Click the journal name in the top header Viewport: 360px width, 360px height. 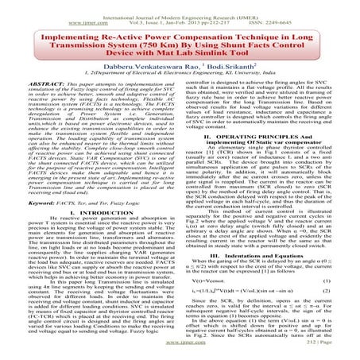[x=180, y=6]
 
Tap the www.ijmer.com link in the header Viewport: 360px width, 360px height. [x=39, y=14]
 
